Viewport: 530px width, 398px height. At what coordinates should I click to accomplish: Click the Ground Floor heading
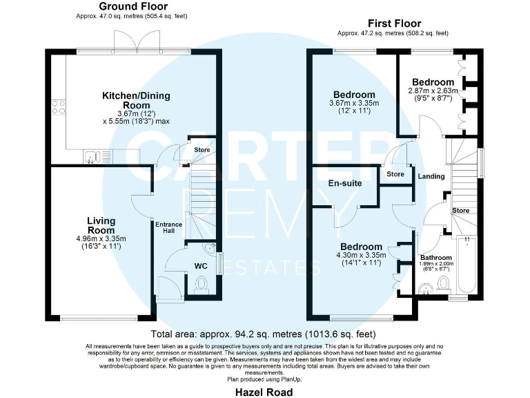[x=134, y=6]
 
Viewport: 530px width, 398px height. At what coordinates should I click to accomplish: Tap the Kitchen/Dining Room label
[x=136, y=100]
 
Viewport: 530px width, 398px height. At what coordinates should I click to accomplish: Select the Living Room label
[x=101, y=225]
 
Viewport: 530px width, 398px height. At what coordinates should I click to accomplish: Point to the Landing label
[x=431, y=176]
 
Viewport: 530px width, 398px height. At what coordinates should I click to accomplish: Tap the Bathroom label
[x=436, y=258]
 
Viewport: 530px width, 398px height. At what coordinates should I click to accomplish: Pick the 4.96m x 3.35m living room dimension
[x=101, y=238]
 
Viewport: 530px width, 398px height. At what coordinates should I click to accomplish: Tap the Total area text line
[x=264, y=334]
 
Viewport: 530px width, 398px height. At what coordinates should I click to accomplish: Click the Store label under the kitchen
[x=202, y=150]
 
